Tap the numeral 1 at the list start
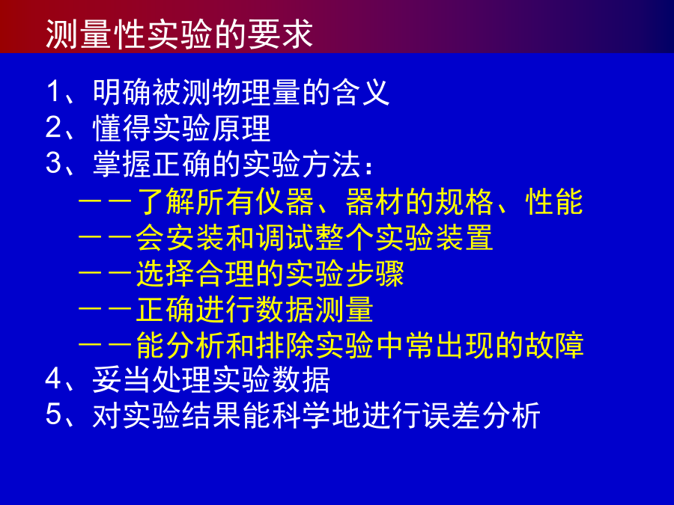(53, 91)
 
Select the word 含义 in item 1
(361, 92)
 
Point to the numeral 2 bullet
(53, 127)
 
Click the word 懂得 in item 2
(122, 128)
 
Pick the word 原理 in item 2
(240, 128)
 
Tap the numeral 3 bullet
(53, 163)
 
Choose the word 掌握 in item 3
(122, 164)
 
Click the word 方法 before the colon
(331, 164)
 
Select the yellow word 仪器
(285, 201)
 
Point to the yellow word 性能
(554, 201)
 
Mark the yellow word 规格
(464, 201)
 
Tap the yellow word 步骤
(374, 274)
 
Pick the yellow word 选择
(165, 274)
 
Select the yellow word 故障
(554, 345)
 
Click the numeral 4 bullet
(53, 379)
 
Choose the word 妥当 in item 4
(122, 380)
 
